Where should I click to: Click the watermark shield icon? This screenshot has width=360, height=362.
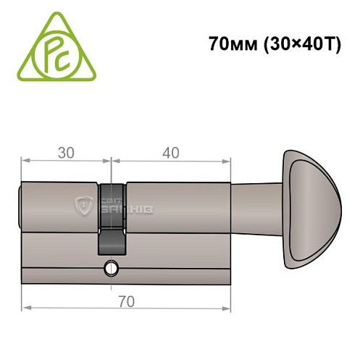coord(85,206)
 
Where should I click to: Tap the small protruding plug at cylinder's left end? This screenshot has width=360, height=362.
coord(19,206)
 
